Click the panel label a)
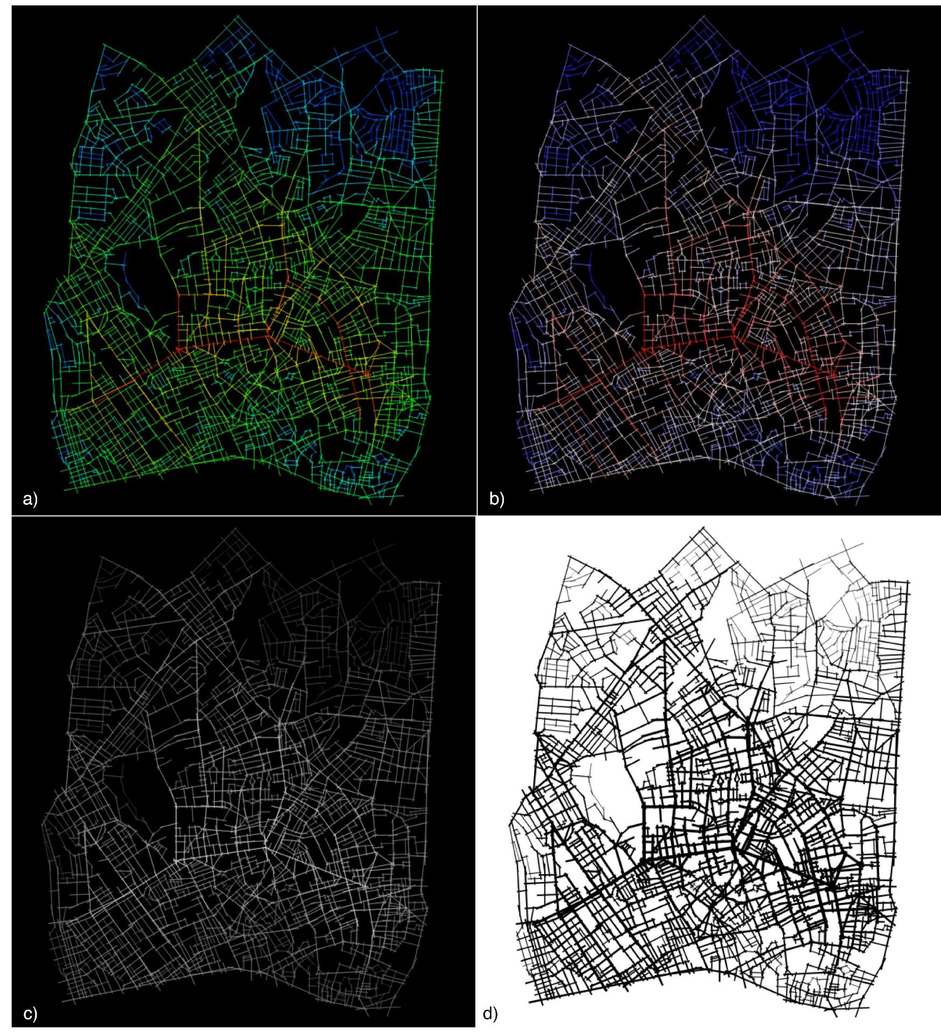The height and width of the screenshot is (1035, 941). pos(30,499)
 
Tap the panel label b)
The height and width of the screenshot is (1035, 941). pos(496,499)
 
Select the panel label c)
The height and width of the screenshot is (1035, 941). pos(31,1013)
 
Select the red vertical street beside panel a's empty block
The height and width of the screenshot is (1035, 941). pos(179,320)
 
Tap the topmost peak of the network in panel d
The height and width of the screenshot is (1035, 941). pos(701,529)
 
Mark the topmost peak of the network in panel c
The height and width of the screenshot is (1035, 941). pos(235,529)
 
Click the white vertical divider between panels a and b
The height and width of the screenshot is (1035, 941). pos(477,258)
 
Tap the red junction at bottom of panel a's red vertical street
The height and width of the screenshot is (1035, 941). pos(178,349)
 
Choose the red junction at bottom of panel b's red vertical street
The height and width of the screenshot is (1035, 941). pos(644,349)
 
